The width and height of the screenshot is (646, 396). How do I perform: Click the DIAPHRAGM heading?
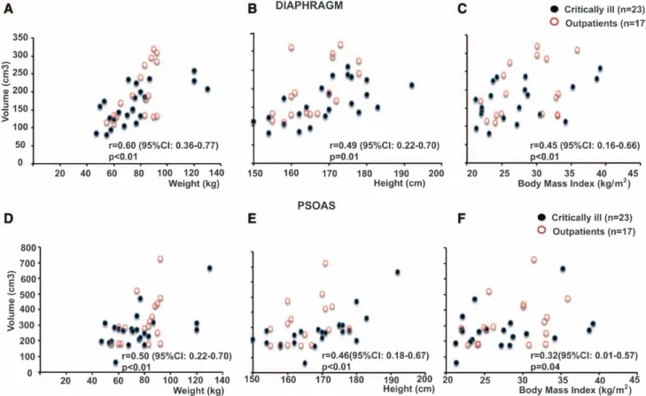(x=309, y=5)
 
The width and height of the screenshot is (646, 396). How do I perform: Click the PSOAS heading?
(x=316, y=206)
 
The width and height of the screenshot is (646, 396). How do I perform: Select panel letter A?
(x=8, y=9)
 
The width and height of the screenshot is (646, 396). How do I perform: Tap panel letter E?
(x=253, y=218)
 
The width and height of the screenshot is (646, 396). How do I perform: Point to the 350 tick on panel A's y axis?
(x=20, y=37)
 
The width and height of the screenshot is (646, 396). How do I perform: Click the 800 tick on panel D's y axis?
(x=29, y=248)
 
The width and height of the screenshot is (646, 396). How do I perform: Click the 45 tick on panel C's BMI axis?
(x=634, y=173)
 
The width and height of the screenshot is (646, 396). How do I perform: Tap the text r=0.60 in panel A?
(x=122, y=145)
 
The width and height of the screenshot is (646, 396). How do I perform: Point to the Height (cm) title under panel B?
(x=400, y=183)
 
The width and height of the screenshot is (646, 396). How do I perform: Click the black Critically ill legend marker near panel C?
(x=554, y=9)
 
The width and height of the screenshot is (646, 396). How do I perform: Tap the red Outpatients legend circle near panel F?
(x=541, y=230)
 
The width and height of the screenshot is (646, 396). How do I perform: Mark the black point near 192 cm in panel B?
(x=411, y=85)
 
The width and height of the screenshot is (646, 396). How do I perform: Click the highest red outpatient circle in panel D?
(x=160, y=259)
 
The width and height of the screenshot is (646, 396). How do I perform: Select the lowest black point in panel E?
(x=305, y=363)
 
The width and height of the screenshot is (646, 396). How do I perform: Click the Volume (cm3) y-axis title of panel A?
(x=5, y=91)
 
